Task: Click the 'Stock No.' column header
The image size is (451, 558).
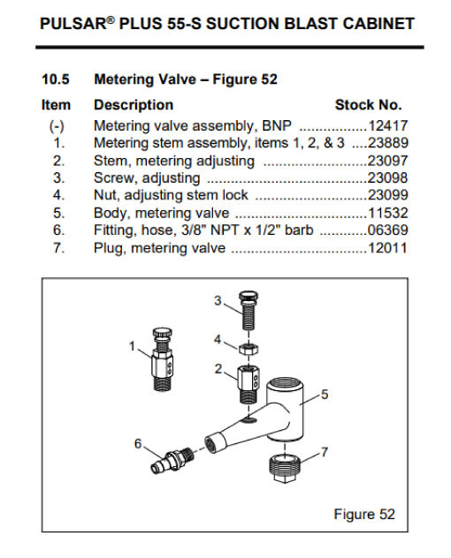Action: click(x=368, y=104)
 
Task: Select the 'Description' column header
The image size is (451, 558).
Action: click(x=133, y=104)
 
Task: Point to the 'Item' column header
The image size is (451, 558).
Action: click(x=57, y=104)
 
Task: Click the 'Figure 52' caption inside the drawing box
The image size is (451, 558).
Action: click(x=363, y=514)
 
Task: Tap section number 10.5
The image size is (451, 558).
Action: click(x=57, y=79)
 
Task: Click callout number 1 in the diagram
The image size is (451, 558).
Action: click(x=133, y=346)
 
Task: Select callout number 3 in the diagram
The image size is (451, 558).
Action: click(x=218, y=302)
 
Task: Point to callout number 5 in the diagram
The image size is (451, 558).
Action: click(x=325, y=395)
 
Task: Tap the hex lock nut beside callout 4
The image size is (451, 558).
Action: click(x=248, y=340)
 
